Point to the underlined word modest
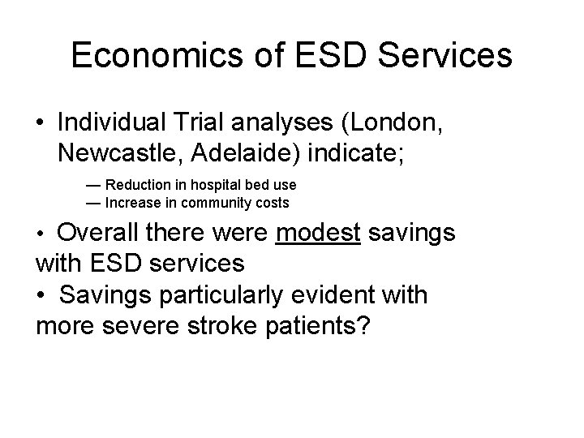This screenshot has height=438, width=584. coord(317,234)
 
